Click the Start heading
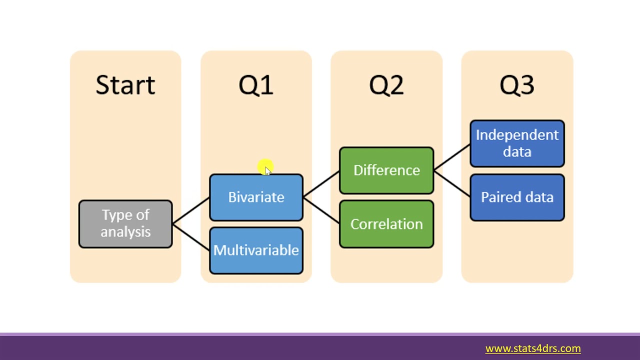pos(125,85)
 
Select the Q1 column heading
pos(256,85)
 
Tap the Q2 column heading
pos(386,85)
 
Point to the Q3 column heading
pos(517,85)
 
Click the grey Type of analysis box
pos(125,223)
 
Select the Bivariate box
pos(256,197)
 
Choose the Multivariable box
pos(256,250)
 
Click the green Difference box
pos(386,170)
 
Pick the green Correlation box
pos(386,224)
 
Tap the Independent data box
pos(517,143)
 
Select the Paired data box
pos(517,197)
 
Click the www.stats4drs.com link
pos(533,348)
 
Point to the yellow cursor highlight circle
pos(265,167)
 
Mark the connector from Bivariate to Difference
pos(321,184)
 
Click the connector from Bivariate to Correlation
pos(321,210)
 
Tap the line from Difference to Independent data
pos(452,157)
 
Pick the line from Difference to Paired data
pos(452,184)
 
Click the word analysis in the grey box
pos(125,232)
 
